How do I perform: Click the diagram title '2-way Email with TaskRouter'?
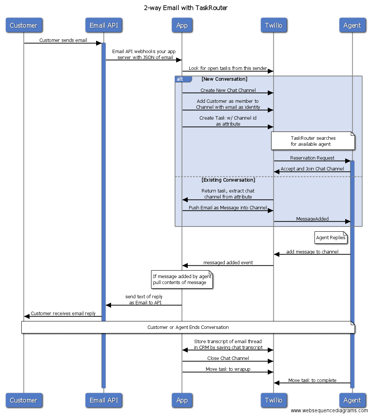(x=185, y=8)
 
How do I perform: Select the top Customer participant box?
(x=24, y=25)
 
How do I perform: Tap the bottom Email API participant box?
(x=104, y=400)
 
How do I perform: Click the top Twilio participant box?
(x=273, y=25)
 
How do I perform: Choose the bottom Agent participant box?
(x=352, y=400)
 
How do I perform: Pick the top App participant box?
(x=182, y=25)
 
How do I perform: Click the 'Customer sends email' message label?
(x=63, y=40)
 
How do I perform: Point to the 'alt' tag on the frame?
(x=180, y=79)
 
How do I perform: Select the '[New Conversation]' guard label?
(x=224, y=79)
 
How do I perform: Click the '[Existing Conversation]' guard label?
(x=228, y=180)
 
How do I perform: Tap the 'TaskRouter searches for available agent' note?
(x=313, y=141)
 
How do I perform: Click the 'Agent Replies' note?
(x=331, y=238)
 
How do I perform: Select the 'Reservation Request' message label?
(x=312, y=158)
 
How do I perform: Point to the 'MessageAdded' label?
(x=312, y=219)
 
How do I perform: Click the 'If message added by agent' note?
(x=182, y=280)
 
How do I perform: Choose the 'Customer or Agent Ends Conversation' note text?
(x=188, y=327)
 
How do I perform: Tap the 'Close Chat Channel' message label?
(x=228, y=358)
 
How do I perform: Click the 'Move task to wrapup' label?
(x=228, y=369)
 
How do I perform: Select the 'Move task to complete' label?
(x=312, y=380)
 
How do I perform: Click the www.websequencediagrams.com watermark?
(x=329, y=410)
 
